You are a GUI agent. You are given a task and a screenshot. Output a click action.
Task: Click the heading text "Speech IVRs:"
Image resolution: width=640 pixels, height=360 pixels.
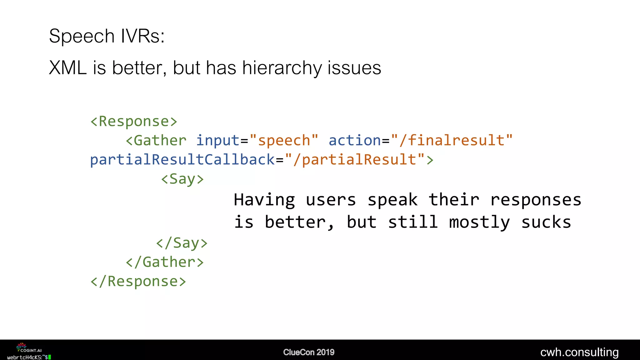[x=107, y=36]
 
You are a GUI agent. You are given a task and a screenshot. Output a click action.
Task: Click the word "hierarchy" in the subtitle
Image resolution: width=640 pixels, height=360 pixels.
[x=282, y=68]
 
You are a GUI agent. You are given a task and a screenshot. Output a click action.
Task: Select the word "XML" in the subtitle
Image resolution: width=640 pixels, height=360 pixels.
[x=68, y=68]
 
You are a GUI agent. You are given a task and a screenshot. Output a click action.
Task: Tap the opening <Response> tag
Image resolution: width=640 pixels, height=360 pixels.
[x=134, y=121]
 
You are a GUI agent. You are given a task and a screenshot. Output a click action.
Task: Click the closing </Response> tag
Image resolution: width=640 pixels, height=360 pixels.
[x=138, y=281]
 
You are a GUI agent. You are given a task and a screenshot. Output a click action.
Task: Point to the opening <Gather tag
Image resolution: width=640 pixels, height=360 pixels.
[x=156, y=141]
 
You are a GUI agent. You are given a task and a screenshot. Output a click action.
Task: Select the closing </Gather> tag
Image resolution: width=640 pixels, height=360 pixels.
[x=165, y=262]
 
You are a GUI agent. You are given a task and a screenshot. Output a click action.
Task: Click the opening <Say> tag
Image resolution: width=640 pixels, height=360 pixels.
[x=182, y=179]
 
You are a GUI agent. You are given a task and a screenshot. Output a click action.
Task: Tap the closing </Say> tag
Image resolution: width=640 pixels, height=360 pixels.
[x=182, y=243]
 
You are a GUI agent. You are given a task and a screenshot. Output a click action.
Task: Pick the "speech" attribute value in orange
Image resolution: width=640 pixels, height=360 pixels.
[x=284, y=141]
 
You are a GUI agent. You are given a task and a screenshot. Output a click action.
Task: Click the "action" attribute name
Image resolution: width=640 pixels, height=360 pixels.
[x=355, y=141]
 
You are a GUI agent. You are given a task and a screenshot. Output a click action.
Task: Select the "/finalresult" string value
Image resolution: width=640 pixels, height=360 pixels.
[x=452, y=141]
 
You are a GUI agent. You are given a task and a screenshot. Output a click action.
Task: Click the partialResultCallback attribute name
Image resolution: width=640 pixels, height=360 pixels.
[x=182, y=160]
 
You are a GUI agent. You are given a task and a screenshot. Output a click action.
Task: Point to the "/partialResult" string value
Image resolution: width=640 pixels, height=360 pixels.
[x=355, y=160]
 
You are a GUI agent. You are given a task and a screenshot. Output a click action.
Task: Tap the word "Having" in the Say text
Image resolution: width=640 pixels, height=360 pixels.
[x=264, y=200]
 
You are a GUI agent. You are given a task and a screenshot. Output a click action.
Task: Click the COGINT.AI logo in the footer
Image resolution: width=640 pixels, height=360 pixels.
[x=29, y=348]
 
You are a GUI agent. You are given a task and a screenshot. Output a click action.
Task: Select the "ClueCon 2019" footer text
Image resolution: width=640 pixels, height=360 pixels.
[x=309, y=352]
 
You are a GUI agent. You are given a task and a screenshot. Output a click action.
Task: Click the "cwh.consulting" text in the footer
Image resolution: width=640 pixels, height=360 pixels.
[x=579, y=352]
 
